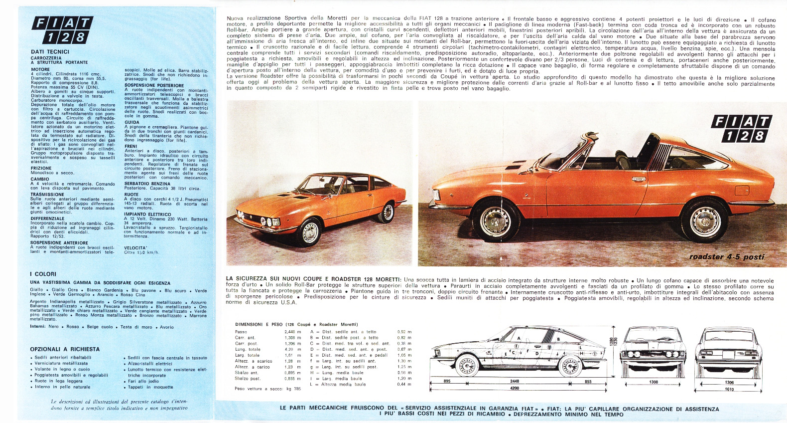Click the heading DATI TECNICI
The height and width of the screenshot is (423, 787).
point(50,51)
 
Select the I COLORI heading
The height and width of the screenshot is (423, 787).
point(43,274)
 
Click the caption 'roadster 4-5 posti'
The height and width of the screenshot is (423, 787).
point(725,257)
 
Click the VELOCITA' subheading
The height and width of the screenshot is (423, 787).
point(135,247)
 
